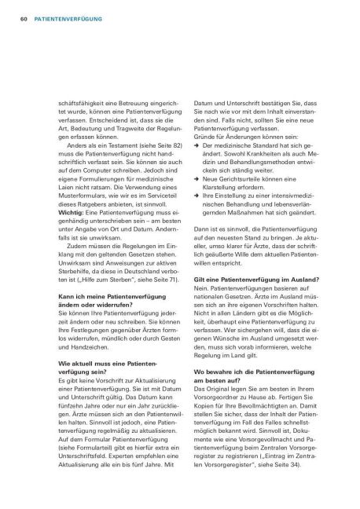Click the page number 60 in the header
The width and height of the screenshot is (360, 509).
(13, 16)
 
